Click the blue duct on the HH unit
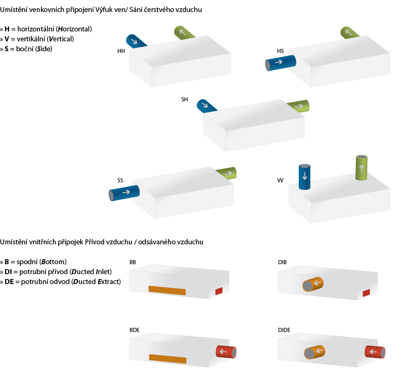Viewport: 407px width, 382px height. pyautogui.click(x=136, y=41)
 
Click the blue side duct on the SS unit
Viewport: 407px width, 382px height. pyautogui.click(x=124, y=193)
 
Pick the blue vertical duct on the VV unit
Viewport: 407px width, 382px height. pyautogui.click(x=305, y=177)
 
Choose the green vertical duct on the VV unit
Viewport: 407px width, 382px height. pyautogui.click(x=362, y=167)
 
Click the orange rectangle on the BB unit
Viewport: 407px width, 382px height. pyautogui.click(x=167, y=290)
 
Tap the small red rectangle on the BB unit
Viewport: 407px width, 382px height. pyautogui.click(x=219, y=291)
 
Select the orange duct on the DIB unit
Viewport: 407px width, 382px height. pyautogui.click(x=313, y=284)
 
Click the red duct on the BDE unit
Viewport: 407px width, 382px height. pyautogui.click(x=226, y=352)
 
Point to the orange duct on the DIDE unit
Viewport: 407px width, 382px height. pyautogui.click(x=315, y=352)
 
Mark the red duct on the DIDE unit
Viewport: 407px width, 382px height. pyautogui.click(x=375, y=352)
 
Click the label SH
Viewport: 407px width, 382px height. pyautogui.click(x=184, y=100)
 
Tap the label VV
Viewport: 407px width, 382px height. pyautogui.click(x=280, y=181)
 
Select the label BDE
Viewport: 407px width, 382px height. pyautogui.click(x=134, y=330)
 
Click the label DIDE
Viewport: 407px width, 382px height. pyautogui.click(x=284, y=330)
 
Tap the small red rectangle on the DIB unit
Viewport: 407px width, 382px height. pyautogui.click(x=366, y=293)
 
